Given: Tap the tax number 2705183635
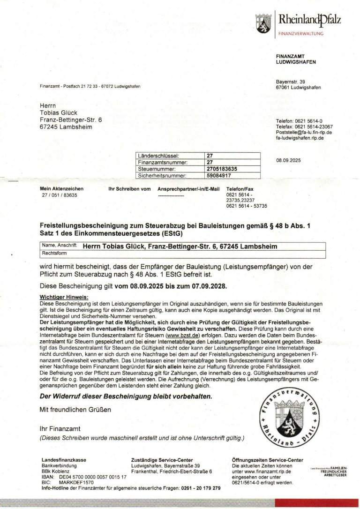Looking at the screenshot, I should [x=222, y=169].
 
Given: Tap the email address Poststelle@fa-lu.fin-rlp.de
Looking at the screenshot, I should [x=304, y=133].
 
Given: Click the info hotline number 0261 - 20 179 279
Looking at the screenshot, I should [x=200, y=488].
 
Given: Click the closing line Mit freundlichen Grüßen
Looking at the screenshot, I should [x=75, y=410].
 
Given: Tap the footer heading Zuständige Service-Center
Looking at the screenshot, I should [x=162, y=460].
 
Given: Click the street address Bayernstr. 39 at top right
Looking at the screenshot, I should [x=290, y=82].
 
